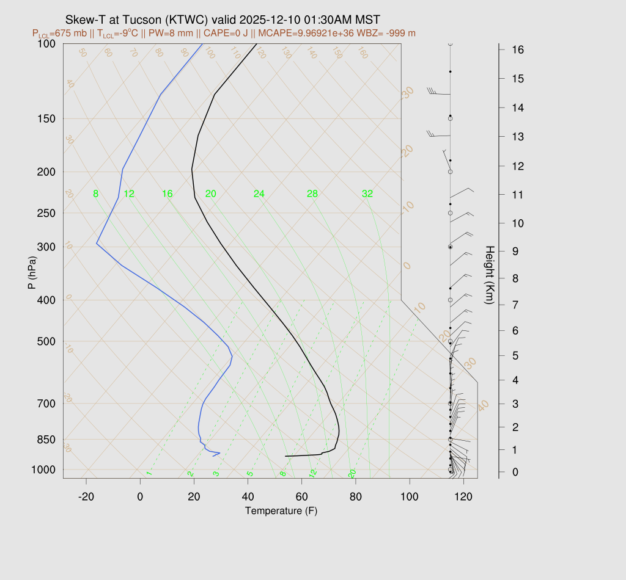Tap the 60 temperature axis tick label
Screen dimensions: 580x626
coord(301,497)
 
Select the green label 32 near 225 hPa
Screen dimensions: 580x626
coord(367,194)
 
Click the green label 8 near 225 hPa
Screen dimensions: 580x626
coord(95,194)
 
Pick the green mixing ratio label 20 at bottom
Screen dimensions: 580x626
coord(352,473)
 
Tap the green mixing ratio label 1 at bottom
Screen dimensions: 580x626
coord(149,473)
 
